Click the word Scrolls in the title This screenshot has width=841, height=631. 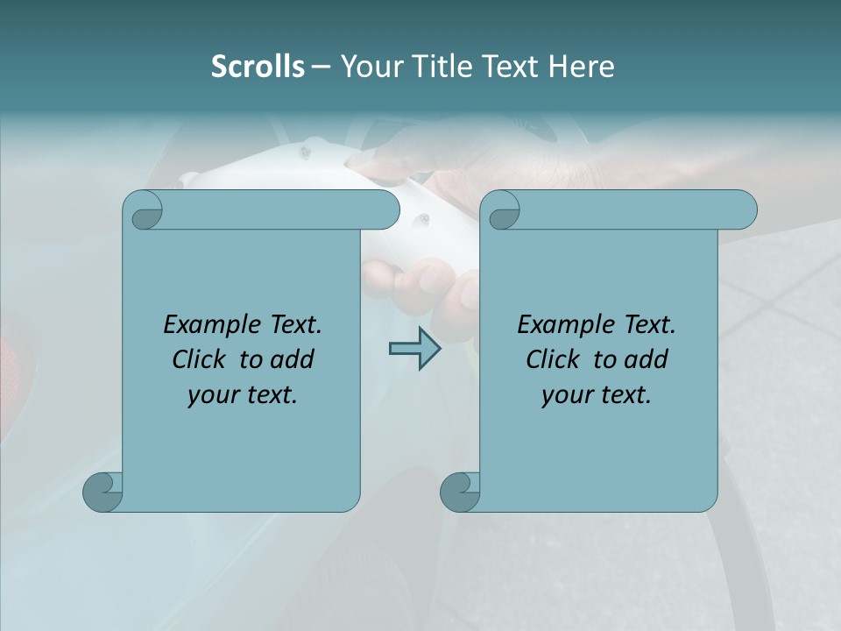(x=258, y=67)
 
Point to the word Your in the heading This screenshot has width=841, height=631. (x=371, y=67)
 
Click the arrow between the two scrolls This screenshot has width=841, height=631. (x=414, y=349)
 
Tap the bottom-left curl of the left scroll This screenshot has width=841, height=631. (x=102, y=491)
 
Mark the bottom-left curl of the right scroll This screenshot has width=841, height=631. (x=459, y=491)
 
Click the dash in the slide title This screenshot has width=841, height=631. (x=322, y=67)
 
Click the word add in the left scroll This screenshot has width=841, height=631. (x=293, y=359)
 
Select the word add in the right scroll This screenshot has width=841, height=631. (x=647, y=359)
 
